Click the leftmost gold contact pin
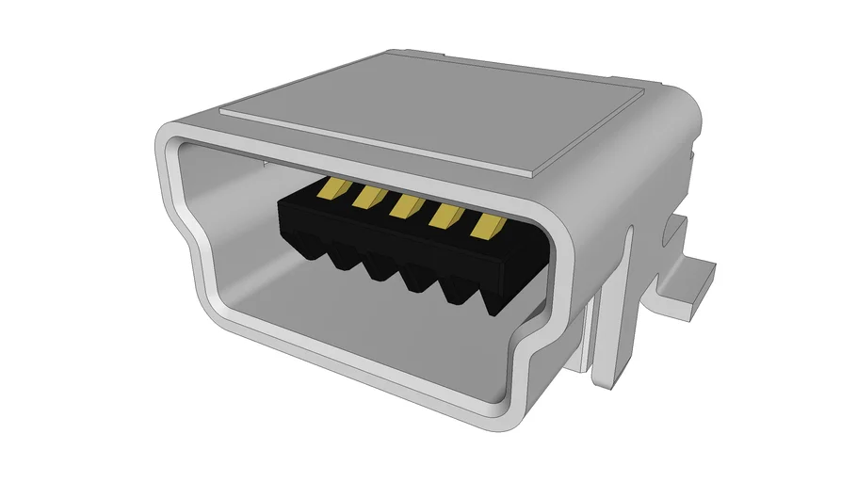[x=327, y=190]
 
